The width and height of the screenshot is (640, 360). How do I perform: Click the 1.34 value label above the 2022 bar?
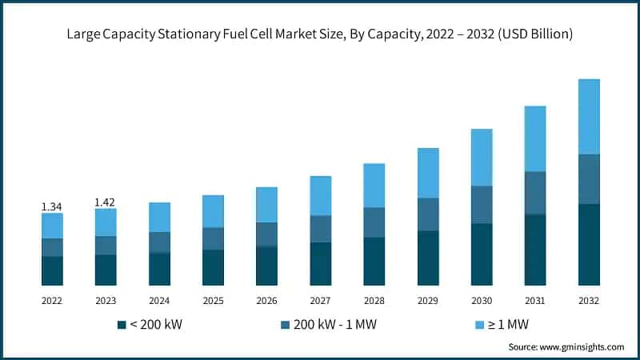click(52, 206)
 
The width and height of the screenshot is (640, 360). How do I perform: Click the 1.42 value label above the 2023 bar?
click(106, 202)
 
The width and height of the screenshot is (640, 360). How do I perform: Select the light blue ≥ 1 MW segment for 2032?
click(589, 116)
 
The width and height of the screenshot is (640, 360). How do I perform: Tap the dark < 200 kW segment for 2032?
click(589, 245)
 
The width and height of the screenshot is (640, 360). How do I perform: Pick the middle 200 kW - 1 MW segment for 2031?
click(535, 193)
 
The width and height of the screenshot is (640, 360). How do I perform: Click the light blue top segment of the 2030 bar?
click(482, 157)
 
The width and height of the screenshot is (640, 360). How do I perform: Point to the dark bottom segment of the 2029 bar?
click(428, 258)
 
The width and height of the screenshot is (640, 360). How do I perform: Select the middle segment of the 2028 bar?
click(374, 222)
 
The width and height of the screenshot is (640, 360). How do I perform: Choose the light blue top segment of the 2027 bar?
click(321, 195)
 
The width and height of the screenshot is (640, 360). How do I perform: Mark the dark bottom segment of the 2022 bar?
click(52, 271)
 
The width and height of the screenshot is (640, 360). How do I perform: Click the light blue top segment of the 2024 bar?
click(159, 217)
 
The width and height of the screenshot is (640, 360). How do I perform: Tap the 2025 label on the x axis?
click(213, 300)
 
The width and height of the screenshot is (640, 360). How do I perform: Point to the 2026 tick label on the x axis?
click(266, 300)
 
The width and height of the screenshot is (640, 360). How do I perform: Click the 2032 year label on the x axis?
click(589, 300)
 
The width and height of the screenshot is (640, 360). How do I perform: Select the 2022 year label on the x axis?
click(52, 300)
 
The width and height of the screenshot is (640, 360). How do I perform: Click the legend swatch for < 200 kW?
click(122, 324)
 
